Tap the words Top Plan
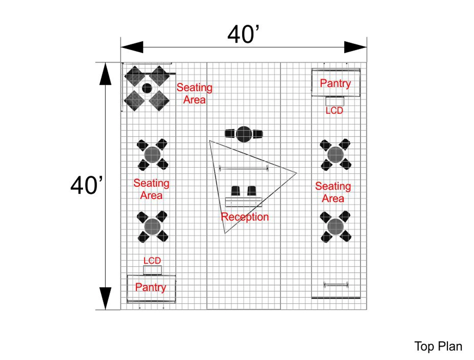[438, 346]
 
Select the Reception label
[245, 217]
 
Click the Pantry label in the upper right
[335, 83]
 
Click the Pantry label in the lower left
[151, 287]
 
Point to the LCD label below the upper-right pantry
[334, 111]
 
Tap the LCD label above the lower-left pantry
[152, 261]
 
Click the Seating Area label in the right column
[333, 192]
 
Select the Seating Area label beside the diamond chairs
[194, 93]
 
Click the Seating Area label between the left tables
[151, 189]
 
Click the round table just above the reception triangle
[244, 134]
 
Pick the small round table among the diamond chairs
[147, 88]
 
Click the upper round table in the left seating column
[152, 154]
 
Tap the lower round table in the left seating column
[152, 226]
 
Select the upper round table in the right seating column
[335, 154]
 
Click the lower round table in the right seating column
[335, 226]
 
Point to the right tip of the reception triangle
[296, 172]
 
